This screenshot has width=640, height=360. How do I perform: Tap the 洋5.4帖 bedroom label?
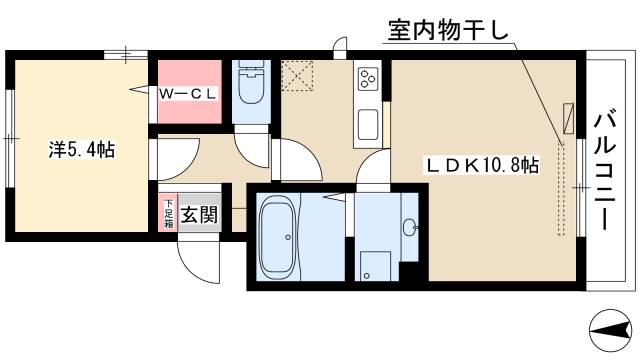pos(82,150)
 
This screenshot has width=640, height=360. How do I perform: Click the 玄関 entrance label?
pos(199,212)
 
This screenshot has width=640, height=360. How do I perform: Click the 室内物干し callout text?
pos(447,32)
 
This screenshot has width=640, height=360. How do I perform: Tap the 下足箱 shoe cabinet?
pos(169,212)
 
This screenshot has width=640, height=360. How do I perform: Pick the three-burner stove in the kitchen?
pos(367,78)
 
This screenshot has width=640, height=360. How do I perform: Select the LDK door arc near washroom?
pos(373,170)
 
